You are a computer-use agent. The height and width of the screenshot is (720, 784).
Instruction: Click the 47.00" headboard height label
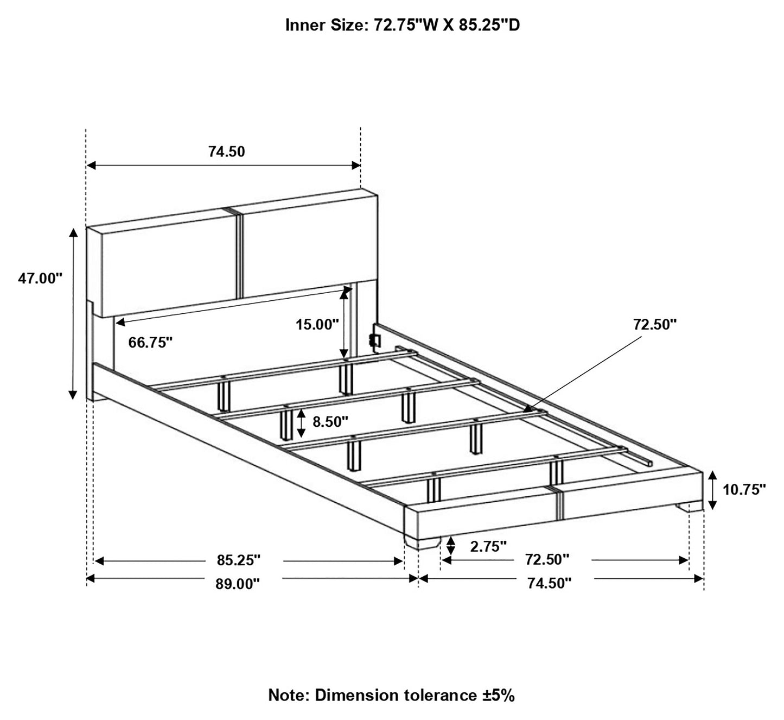click(x=40, y=279)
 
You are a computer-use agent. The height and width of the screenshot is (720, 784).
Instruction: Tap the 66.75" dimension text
click(x=150, y=343)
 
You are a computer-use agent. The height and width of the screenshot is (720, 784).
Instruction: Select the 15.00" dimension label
click(x=317, y=324)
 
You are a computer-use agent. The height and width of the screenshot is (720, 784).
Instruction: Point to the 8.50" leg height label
click(x=330, y=421)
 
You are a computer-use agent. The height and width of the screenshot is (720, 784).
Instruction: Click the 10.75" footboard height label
click(x=744, y=489)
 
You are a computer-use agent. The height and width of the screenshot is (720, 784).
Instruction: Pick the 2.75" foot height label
click(x=488, y=547)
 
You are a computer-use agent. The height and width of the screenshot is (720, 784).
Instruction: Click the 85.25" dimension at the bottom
click(x=239, y=560)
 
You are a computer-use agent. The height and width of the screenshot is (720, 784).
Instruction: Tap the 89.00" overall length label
click(x=238, y=584)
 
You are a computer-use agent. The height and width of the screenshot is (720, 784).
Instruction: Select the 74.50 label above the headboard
click(x=227, y=152)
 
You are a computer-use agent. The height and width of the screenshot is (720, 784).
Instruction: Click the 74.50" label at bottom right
click(x=550, y=583)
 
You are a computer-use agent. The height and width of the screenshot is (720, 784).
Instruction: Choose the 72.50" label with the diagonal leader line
click(x=655, y=324)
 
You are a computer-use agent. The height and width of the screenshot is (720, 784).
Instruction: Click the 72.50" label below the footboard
click(x=547, y=560)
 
